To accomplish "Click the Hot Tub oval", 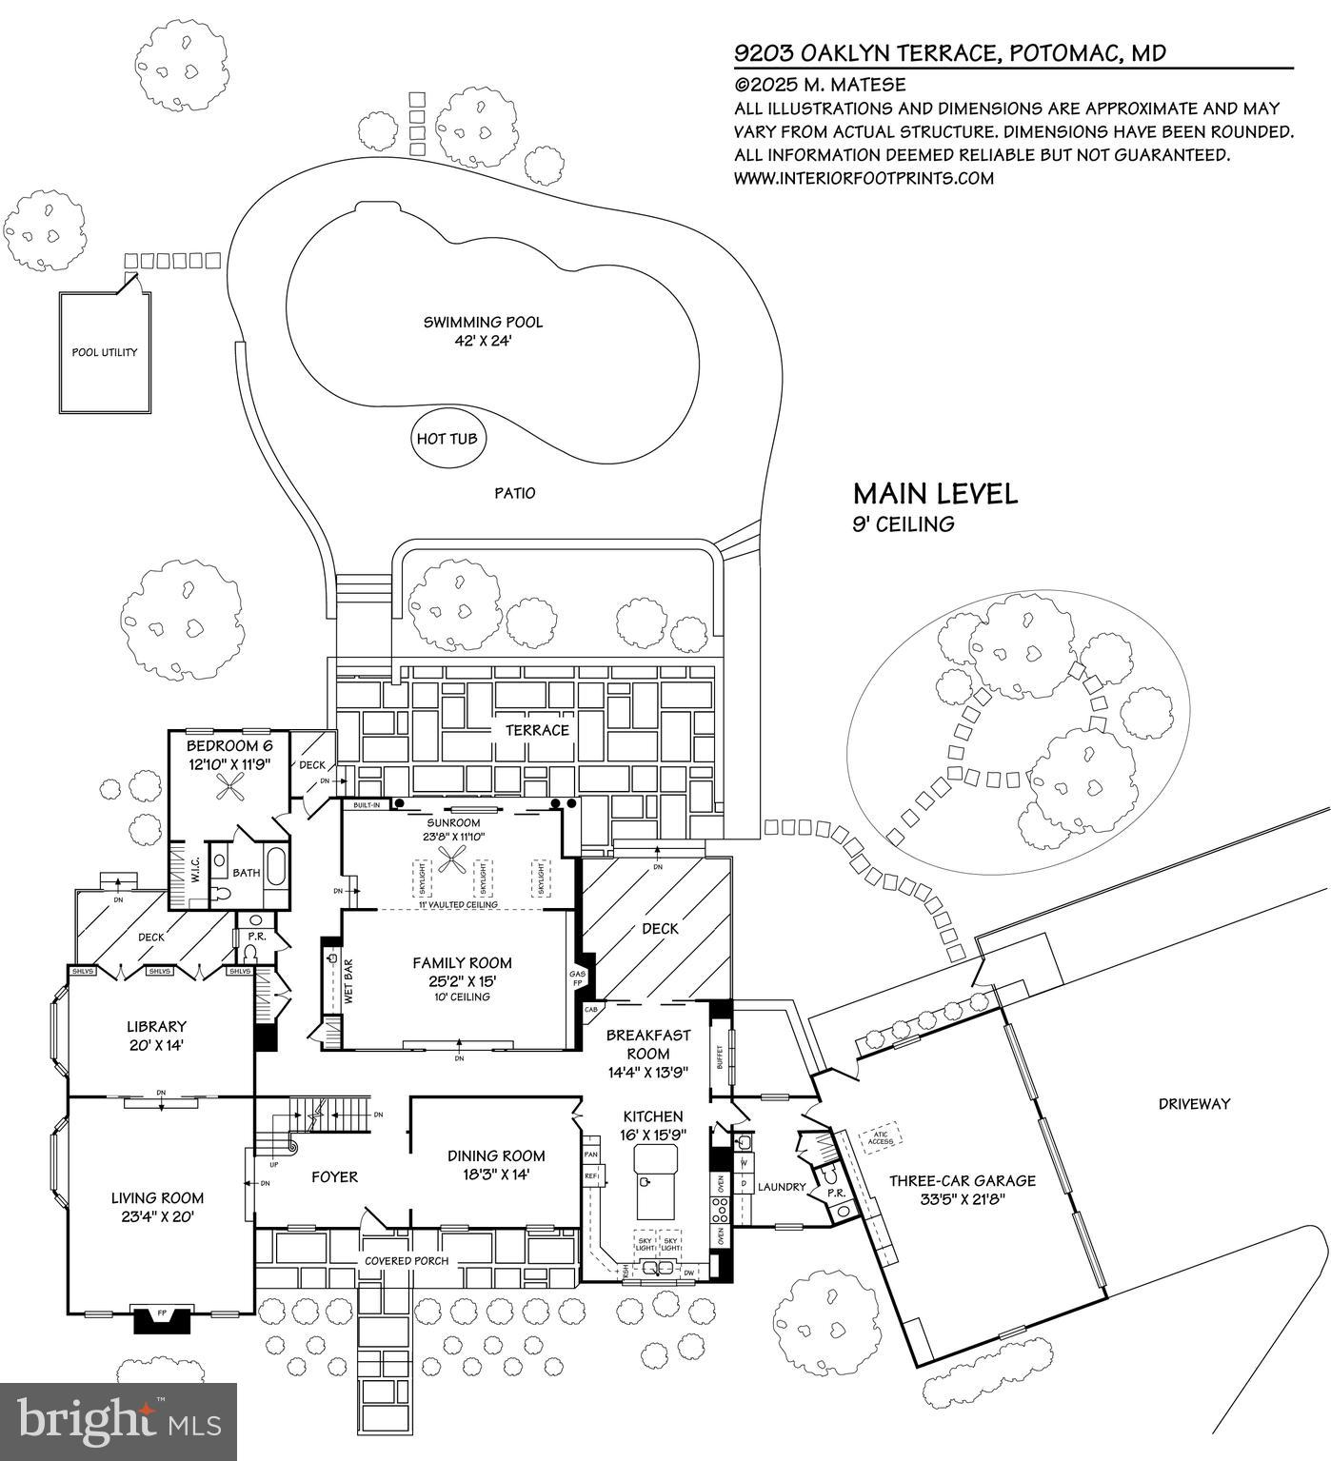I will [x=447, y=439].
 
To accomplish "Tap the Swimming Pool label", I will [x=483, y=323].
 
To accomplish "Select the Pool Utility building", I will [x=105, y=352].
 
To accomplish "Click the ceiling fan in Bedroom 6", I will [x=229, y=785].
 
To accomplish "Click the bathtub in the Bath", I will [x=275, y=868].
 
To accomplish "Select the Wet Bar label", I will [x=348, y=981].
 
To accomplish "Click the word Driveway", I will [x=1194, y=1104].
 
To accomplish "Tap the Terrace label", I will [x=537, y=730].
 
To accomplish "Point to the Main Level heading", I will [x=934, y=494].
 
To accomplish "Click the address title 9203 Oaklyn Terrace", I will [x=949, y=53].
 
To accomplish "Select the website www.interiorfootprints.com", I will [x=863, y=178].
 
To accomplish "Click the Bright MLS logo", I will [x=118, y=1421].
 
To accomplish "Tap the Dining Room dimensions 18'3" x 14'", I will [x=496, y=1175].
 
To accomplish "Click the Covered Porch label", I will [x=407, y=1261].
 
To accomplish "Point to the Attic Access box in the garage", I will [x=881, y=1137].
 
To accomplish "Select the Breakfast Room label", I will [x=647, y=1044].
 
